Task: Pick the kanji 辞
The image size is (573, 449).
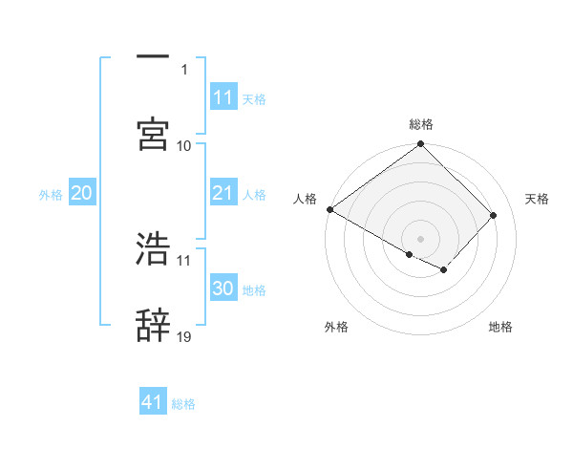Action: (x=153, y=325)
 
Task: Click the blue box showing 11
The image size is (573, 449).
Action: (x=223, y=97)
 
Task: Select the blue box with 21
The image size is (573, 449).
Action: (x=223, y=194)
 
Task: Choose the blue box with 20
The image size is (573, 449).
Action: (x=81, y=194)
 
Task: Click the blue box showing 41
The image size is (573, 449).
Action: (x=153, y=402)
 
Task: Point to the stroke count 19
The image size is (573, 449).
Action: (x=184, y=336)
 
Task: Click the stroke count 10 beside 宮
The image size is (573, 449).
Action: (x=184, y=145)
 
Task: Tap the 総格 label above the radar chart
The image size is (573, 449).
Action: (x=421, y=124)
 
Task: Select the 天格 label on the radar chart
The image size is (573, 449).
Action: (x=537, y=199)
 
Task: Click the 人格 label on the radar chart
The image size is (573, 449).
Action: (x=305, y=199)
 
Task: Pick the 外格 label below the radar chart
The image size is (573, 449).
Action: (x=336, y=328)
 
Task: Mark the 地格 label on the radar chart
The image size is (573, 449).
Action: (x=500, y=328)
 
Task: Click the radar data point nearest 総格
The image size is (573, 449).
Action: (x=420, y=145)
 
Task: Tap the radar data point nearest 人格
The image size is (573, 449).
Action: (x=329, y=209)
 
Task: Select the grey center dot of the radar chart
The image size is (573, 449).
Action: (x=420, y=238)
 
